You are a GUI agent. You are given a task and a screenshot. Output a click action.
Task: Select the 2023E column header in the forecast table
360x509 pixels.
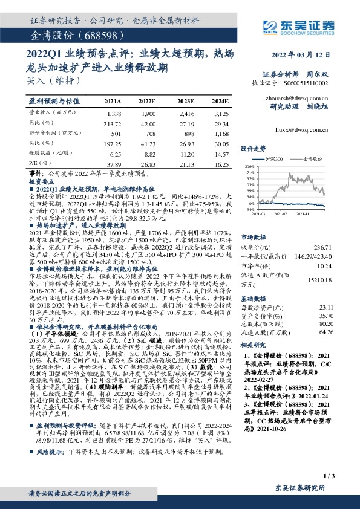pyautogui.click(x=186, y=102)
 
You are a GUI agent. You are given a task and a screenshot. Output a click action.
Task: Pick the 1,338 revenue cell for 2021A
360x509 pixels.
pyautogui.click(x=114, y=114)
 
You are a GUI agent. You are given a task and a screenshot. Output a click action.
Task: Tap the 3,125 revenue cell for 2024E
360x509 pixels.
pyautogui.click(x=221, y=114)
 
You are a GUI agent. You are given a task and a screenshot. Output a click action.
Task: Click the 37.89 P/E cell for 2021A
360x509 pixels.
pyautogui.click(x=113, y=164)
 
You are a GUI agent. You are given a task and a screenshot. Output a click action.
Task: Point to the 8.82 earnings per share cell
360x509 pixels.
pyautogui.click(x=149, y=154)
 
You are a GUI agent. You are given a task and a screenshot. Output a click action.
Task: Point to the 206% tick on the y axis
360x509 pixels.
pyautogui.click(x=249, y=165)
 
